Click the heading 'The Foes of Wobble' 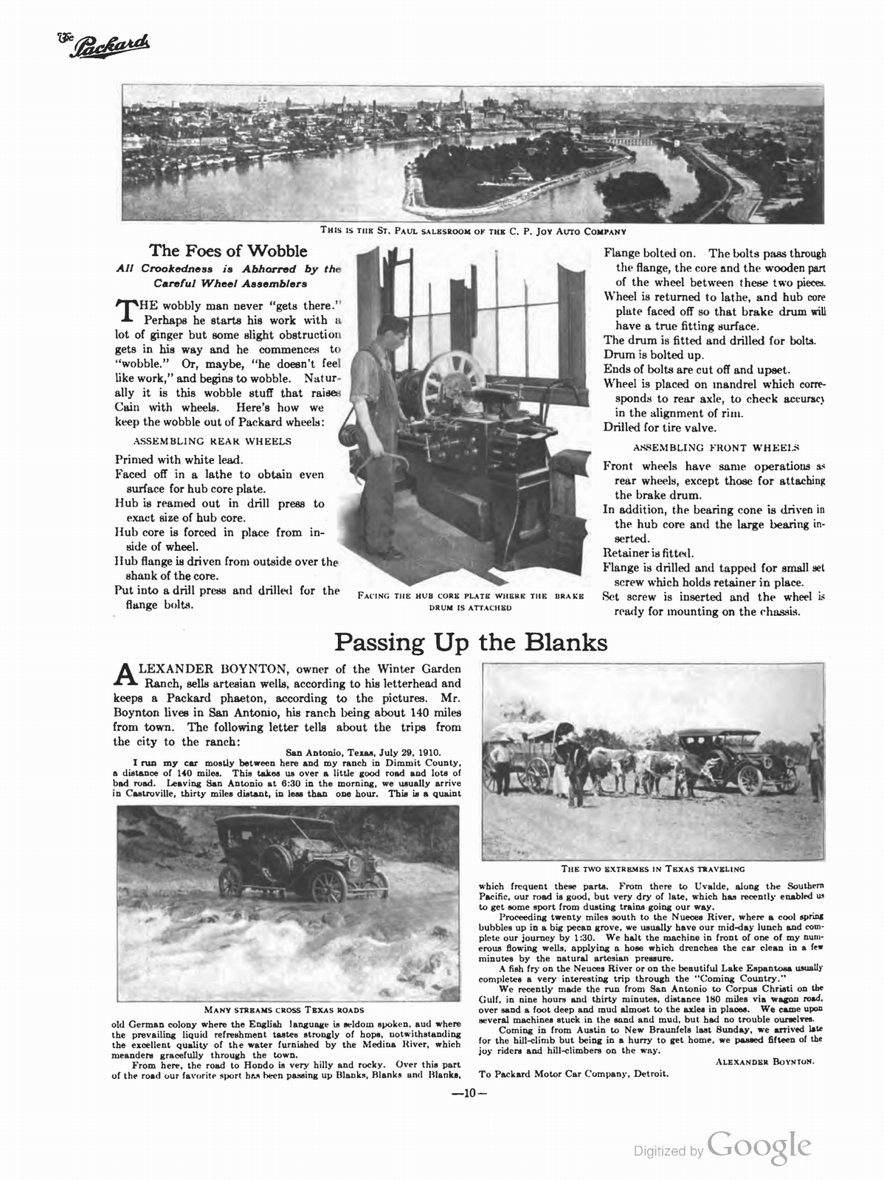tap(228, 251)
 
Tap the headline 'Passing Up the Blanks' tap(471, 642)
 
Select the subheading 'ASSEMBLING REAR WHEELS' tap(212, 441)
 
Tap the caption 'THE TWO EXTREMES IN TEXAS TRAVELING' tap(652, 869)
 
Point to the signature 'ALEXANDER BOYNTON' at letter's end tap(764, 1061)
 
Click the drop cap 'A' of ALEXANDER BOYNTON tap(125, 674)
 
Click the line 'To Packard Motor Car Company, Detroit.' tap(573, 1074)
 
